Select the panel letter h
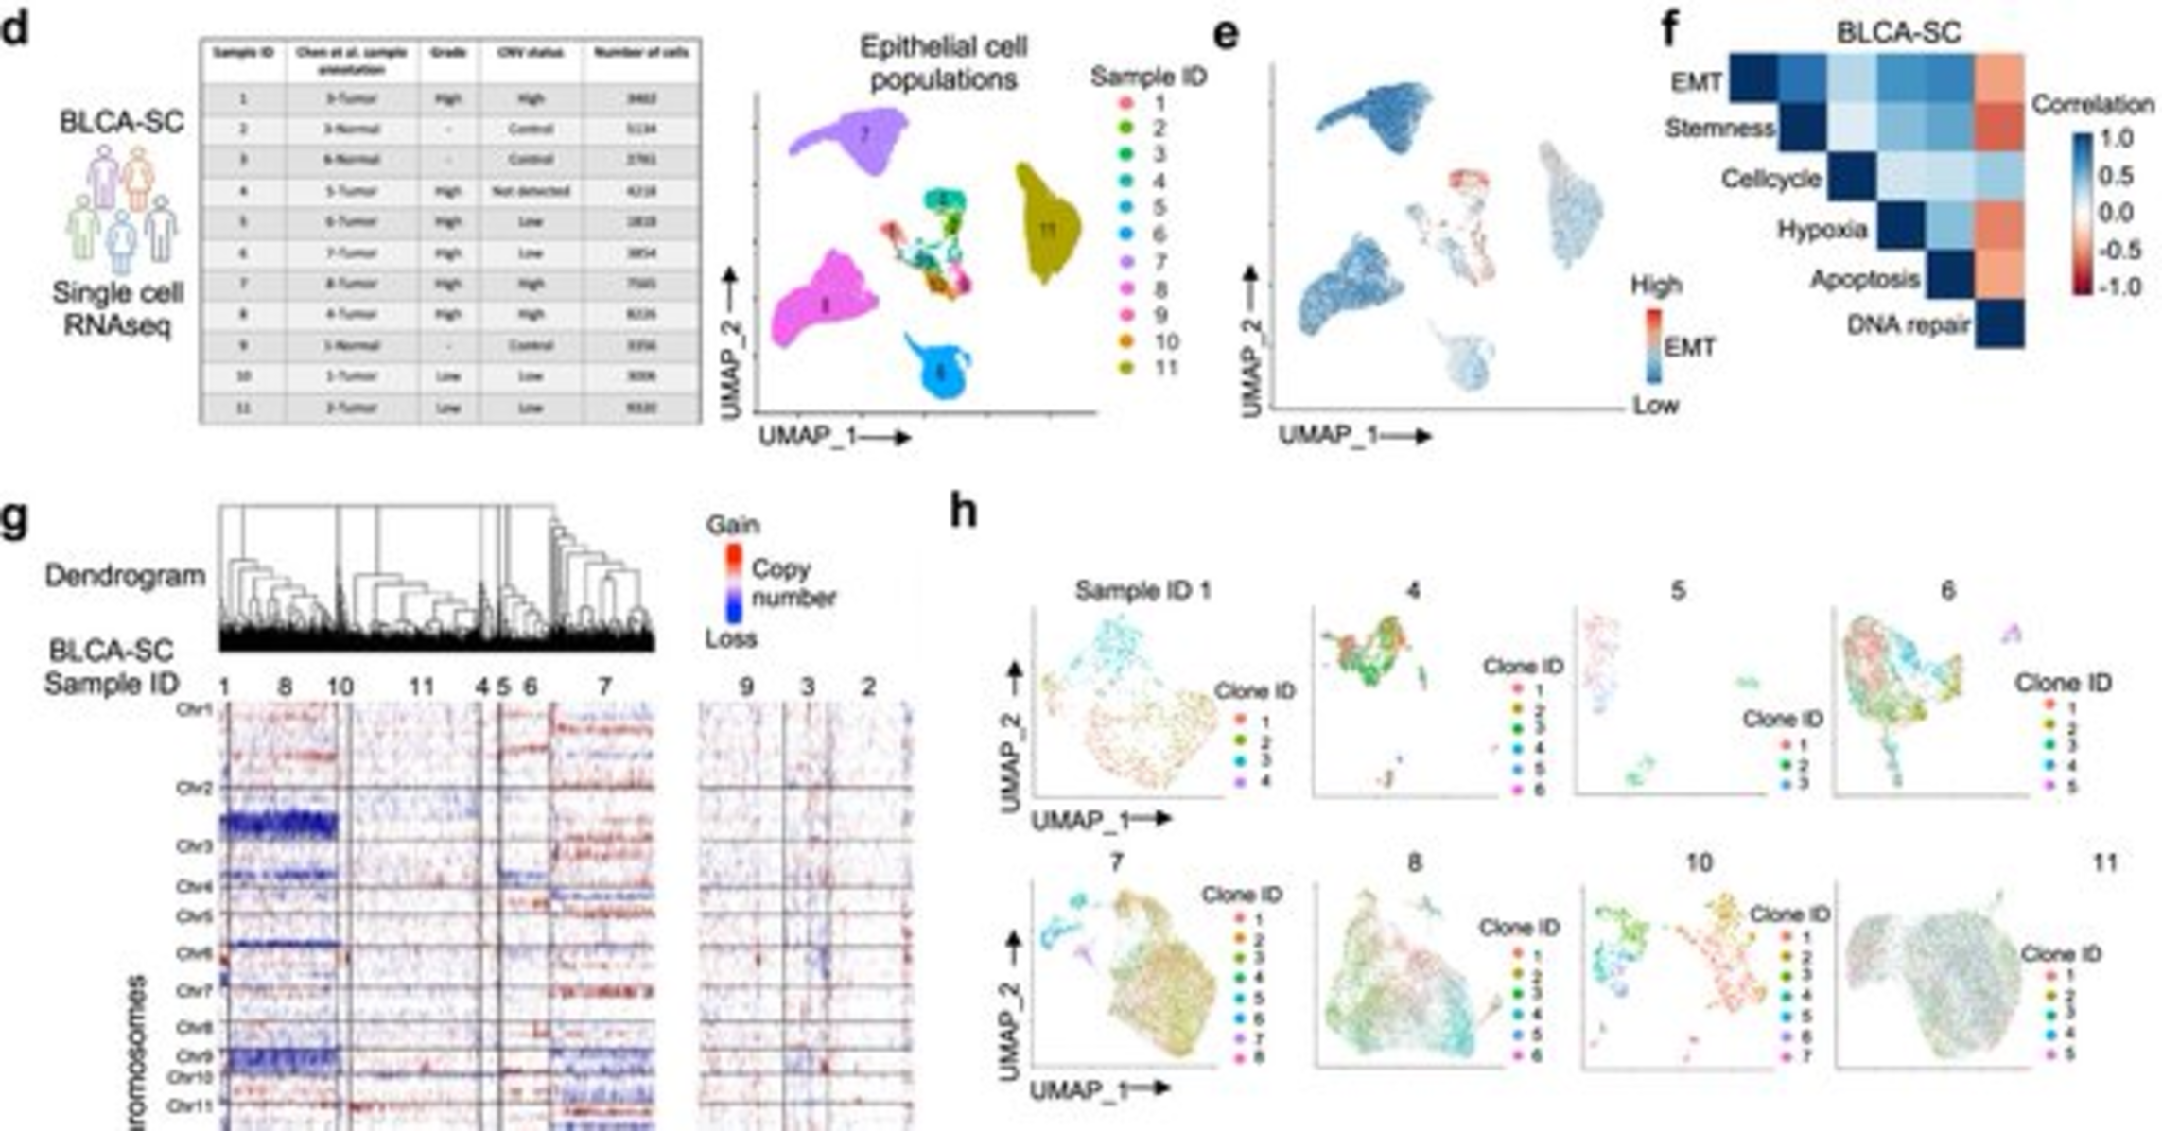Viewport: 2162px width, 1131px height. pos(963,513)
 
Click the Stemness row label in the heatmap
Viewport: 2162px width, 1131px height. pos(1718,128)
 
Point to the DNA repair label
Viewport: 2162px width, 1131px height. pos(1908,325)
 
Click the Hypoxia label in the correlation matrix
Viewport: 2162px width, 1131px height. pos(1822,230)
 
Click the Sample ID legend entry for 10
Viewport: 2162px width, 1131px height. pos(1166,341)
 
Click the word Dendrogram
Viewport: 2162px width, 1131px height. pos(125,575)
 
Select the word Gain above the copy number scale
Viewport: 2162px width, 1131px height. pos(732,524)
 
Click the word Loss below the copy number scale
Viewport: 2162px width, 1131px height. pos(730,639)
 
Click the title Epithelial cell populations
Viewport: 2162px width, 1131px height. pos(943,62)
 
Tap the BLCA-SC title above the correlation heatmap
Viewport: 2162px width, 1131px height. pos(1898,31)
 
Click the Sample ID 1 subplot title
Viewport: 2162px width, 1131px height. pos(1142,591)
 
